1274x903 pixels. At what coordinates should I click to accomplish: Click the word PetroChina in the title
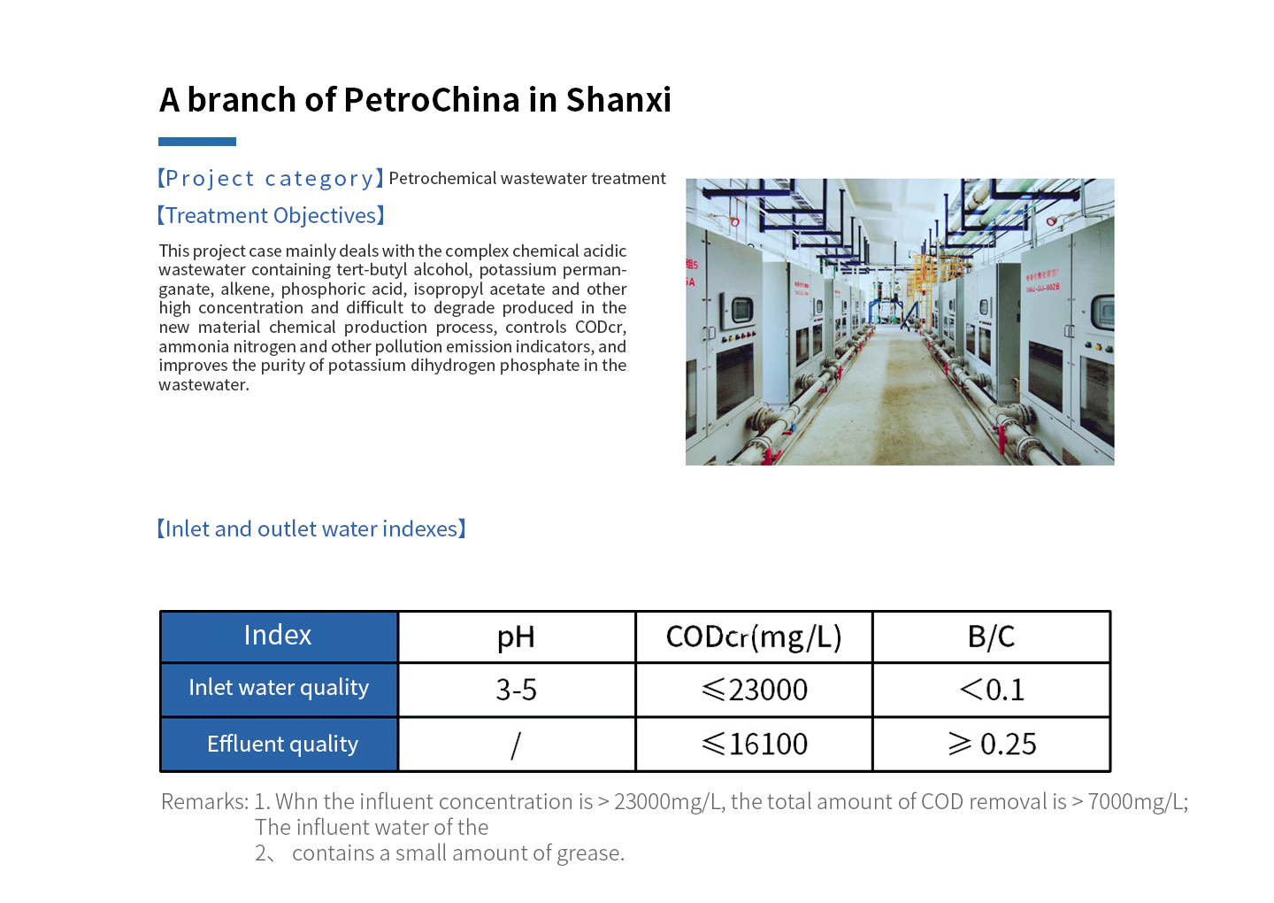point(431,99)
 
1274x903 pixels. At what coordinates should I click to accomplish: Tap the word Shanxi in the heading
point(618,99)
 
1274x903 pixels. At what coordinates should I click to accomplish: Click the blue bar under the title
point(196,142)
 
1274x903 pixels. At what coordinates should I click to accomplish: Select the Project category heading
point(271,178)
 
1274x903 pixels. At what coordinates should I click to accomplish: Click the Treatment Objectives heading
point(271,216)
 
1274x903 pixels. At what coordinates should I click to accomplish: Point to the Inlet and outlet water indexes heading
point(311,529)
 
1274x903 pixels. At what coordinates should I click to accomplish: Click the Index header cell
point(279,637)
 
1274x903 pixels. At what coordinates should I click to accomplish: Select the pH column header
point(516,637)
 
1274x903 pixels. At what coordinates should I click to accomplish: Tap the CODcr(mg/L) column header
point(754,637)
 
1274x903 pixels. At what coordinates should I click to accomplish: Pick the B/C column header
point(991,637)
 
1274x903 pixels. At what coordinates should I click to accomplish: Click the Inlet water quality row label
point(279,688)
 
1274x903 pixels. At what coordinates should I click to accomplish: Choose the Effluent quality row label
point(279,744)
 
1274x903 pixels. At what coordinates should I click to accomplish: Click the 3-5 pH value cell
point(516,690)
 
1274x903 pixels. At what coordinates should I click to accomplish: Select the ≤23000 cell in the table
point(754,690)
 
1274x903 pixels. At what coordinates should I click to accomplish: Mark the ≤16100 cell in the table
point(754,744)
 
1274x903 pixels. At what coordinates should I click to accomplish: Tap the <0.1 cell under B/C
point(991,690)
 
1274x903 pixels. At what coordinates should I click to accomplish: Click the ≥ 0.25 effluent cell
point(991,744)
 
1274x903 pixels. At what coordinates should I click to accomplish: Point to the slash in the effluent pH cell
point(516,745)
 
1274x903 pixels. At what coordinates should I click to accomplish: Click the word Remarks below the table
point(204,802)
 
